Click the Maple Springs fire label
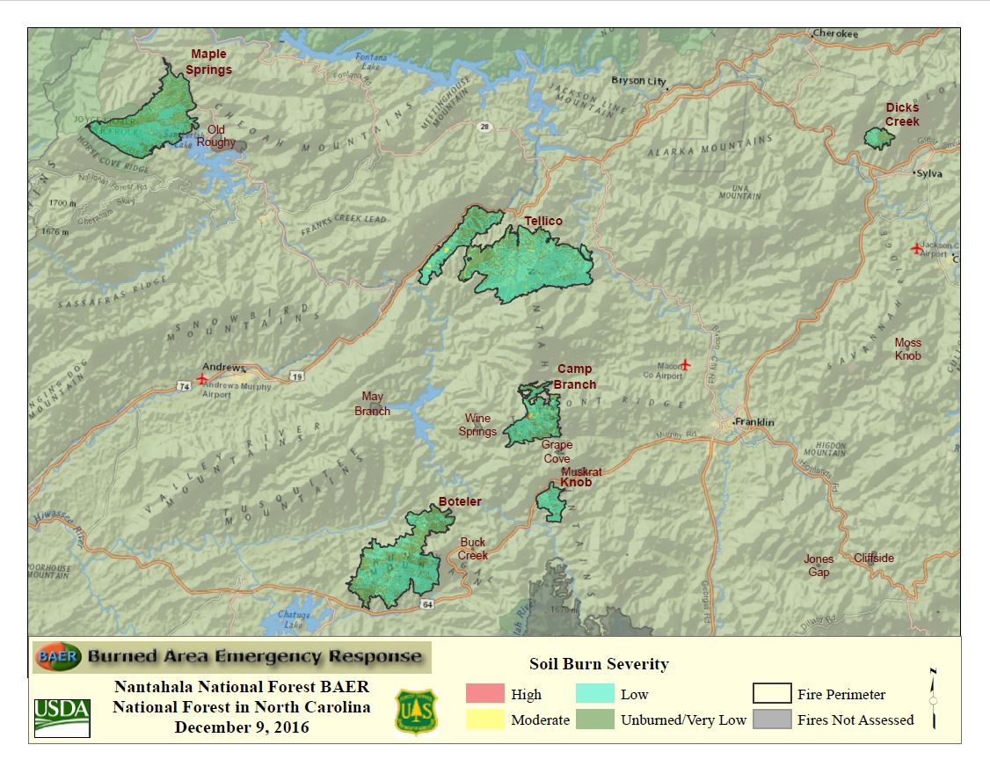208,62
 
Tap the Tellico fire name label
542,221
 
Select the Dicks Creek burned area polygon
877,138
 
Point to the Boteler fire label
460,502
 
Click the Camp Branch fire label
574,376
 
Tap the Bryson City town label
638,81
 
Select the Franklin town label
754,422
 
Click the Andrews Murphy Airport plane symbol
203,379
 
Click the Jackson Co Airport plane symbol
917,248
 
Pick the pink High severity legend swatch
484,693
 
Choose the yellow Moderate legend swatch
484,720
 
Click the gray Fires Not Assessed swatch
771,720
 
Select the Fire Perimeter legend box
771,693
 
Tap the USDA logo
62,718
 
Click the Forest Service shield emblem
417,712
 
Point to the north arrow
933,698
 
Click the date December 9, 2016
242,727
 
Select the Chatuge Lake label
295,618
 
